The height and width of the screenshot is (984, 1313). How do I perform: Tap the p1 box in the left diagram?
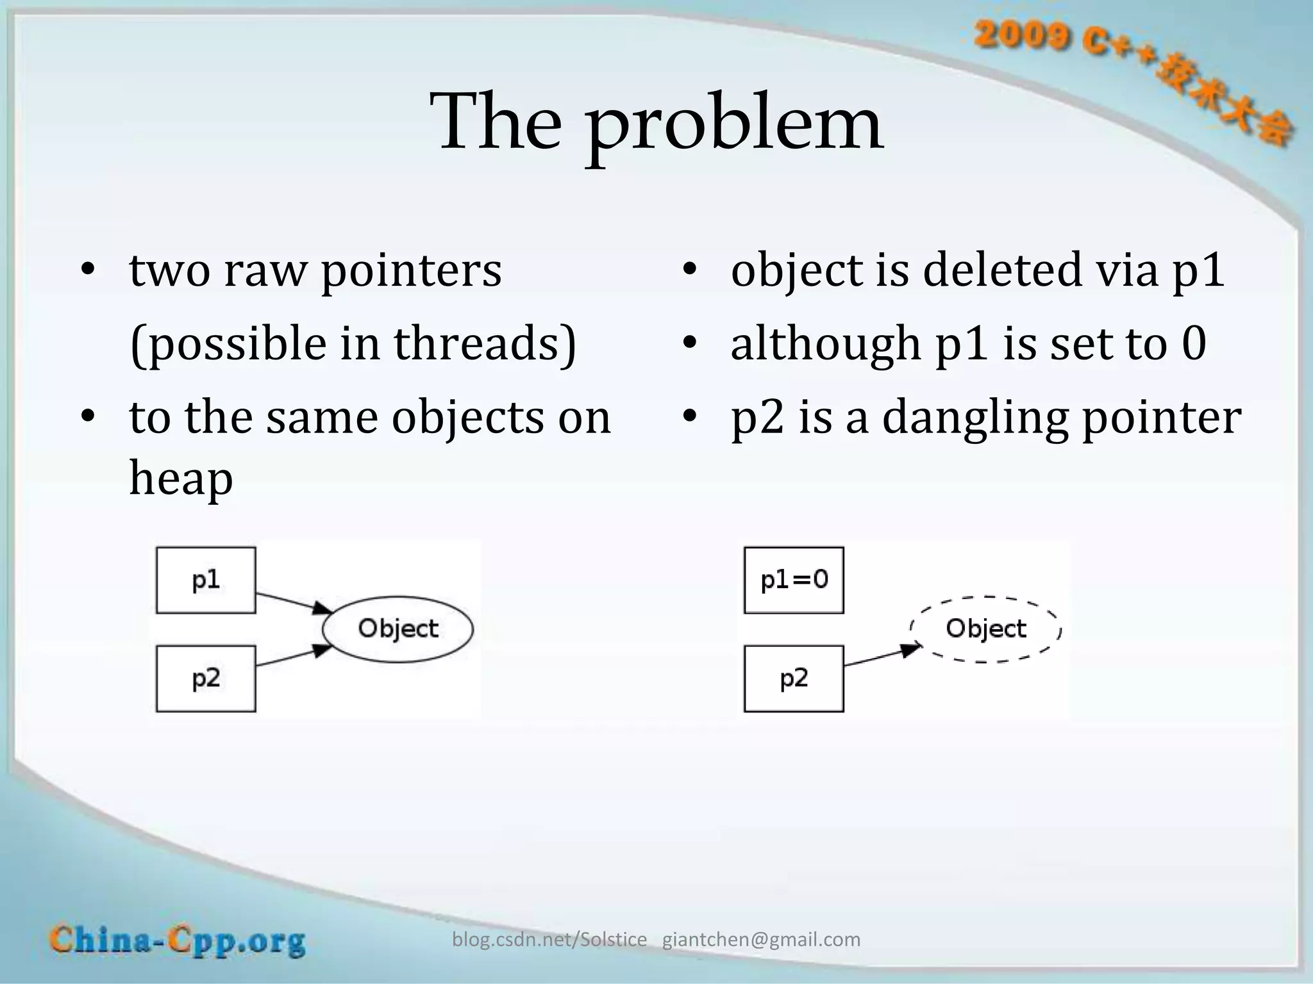[x=206, y=580]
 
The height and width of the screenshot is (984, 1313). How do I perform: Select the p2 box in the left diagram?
[x=206, y=678]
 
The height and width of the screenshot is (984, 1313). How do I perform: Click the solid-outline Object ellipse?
[x=397, y=628]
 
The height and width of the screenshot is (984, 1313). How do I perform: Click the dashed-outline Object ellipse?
[x=985, y=628]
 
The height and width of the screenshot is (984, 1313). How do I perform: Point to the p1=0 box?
[x=794, y=580]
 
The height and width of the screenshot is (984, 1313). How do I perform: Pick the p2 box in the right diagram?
[x=794, y=678]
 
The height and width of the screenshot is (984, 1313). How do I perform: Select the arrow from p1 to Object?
[x=292, y=603]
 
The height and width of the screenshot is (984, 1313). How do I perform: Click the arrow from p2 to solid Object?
[x=292, y=657]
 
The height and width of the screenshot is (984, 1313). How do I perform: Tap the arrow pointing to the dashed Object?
[x=882, y=657]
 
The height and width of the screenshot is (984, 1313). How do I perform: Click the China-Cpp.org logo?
[x=178, y=941]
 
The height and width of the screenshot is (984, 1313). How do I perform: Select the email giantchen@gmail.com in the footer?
[x=761, y=940]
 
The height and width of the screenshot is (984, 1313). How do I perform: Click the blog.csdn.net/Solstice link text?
[x=549, y=940]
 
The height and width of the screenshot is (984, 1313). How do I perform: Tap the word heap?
[x=181, y=478]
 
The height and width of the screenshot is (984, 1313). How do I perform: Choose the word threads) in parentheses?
[x=485, y=344]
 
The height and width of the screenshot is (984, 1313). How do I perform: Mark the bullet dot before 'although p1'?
[x=689, y=344]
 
